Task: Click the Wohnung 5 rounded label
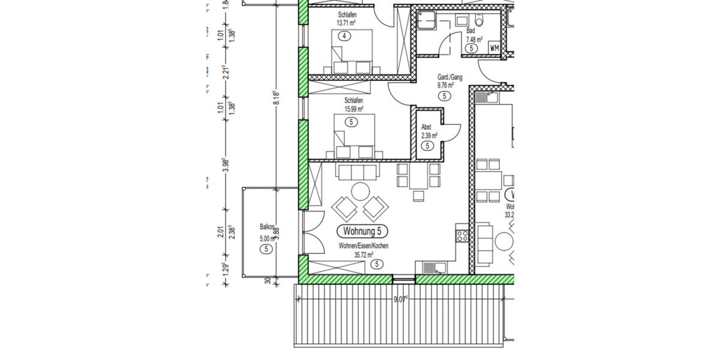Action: (363, 231)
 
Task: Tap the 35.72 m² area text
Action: (364, 254)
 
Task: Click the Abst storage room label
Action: (426, 127)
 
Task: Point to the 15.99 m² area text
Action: (353, 109)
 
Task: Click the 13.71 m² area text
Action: (346, 23)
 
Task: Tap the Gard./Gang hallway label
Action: (449, 77)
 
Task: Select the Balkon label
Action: (267, 227)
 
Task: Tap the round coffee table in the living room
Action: (361, 191)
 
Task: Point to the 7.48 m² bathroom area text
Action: (475, 40)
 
